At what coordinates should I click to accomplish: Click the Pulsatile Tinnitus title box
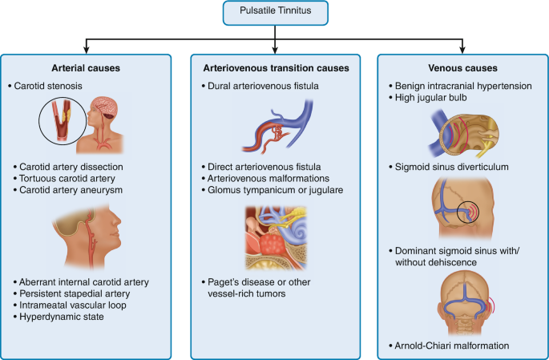click(275, 13)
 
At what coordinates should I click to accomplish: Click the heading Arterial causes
click(86, 68)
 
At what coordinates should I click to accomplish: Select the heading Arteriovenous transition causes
click(274, 68)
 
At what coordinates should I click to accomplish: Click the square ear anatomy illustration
click(275, 236)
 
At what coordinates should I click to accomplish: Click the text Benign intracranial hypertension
click(465, 84)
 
